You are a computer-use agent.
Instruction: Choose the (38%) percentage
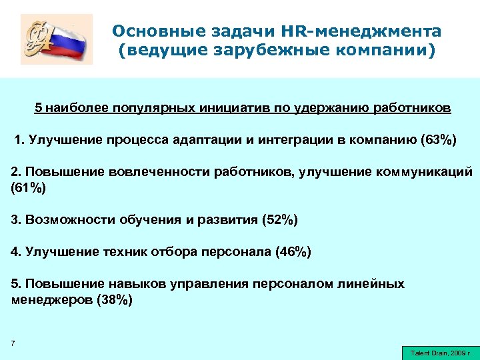pos(115,300)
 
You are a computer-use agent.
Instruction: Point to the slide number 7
pos(13,343)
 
